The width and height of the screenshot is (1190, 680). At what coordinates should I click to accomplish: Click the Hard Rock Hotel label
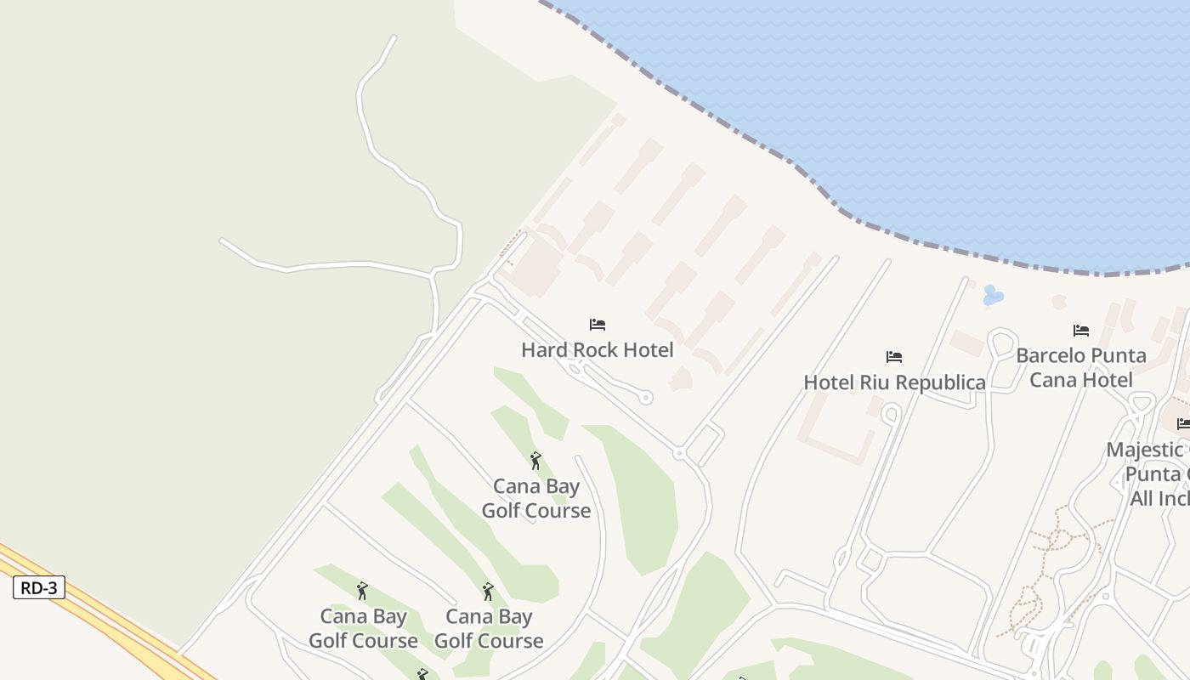click(597, 349)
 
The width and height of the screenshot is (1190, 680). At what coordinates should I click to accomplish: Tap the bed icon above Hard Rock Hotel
click(598, 325)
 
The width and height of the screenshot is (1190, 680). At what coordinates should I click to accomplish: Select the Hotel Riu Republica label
click(894, 382)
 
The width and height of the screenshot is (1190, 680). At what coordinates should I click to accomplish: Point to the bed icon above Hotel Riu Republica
click(894, 357)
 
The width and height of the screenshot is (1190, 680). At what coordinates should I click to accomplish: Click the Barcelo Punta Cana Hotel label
click(1081, 367)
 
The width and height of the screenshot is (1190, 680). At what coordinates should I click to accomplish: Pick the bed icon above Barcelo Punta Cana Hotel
click(1081, 330)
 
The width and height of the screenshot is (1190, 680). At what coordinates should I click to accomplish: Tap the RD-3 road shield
click(39, 587)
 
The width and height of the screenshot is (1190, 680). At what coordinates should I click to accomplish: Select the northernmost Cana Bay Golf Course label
click(536, 498)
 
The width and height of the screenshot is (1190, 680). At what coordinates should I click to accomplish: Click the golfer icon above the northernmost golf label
click(535, 462)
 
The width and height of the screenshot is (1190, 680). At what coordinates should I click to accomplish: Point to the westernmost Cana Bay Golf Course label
click(363, 628)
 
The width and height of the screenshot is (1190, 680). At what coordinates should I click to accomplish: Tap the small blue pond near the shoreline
click(992, 296)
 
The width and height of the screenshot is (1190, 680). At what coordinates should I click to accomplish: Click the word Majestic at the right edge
click(1144, 450)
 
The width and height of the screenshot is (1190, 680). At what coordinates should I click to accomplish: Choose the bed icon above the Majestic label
click(1183, 423)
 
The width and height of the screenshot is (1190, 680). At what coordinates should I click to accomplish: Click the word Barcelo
click(1051, 355)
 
